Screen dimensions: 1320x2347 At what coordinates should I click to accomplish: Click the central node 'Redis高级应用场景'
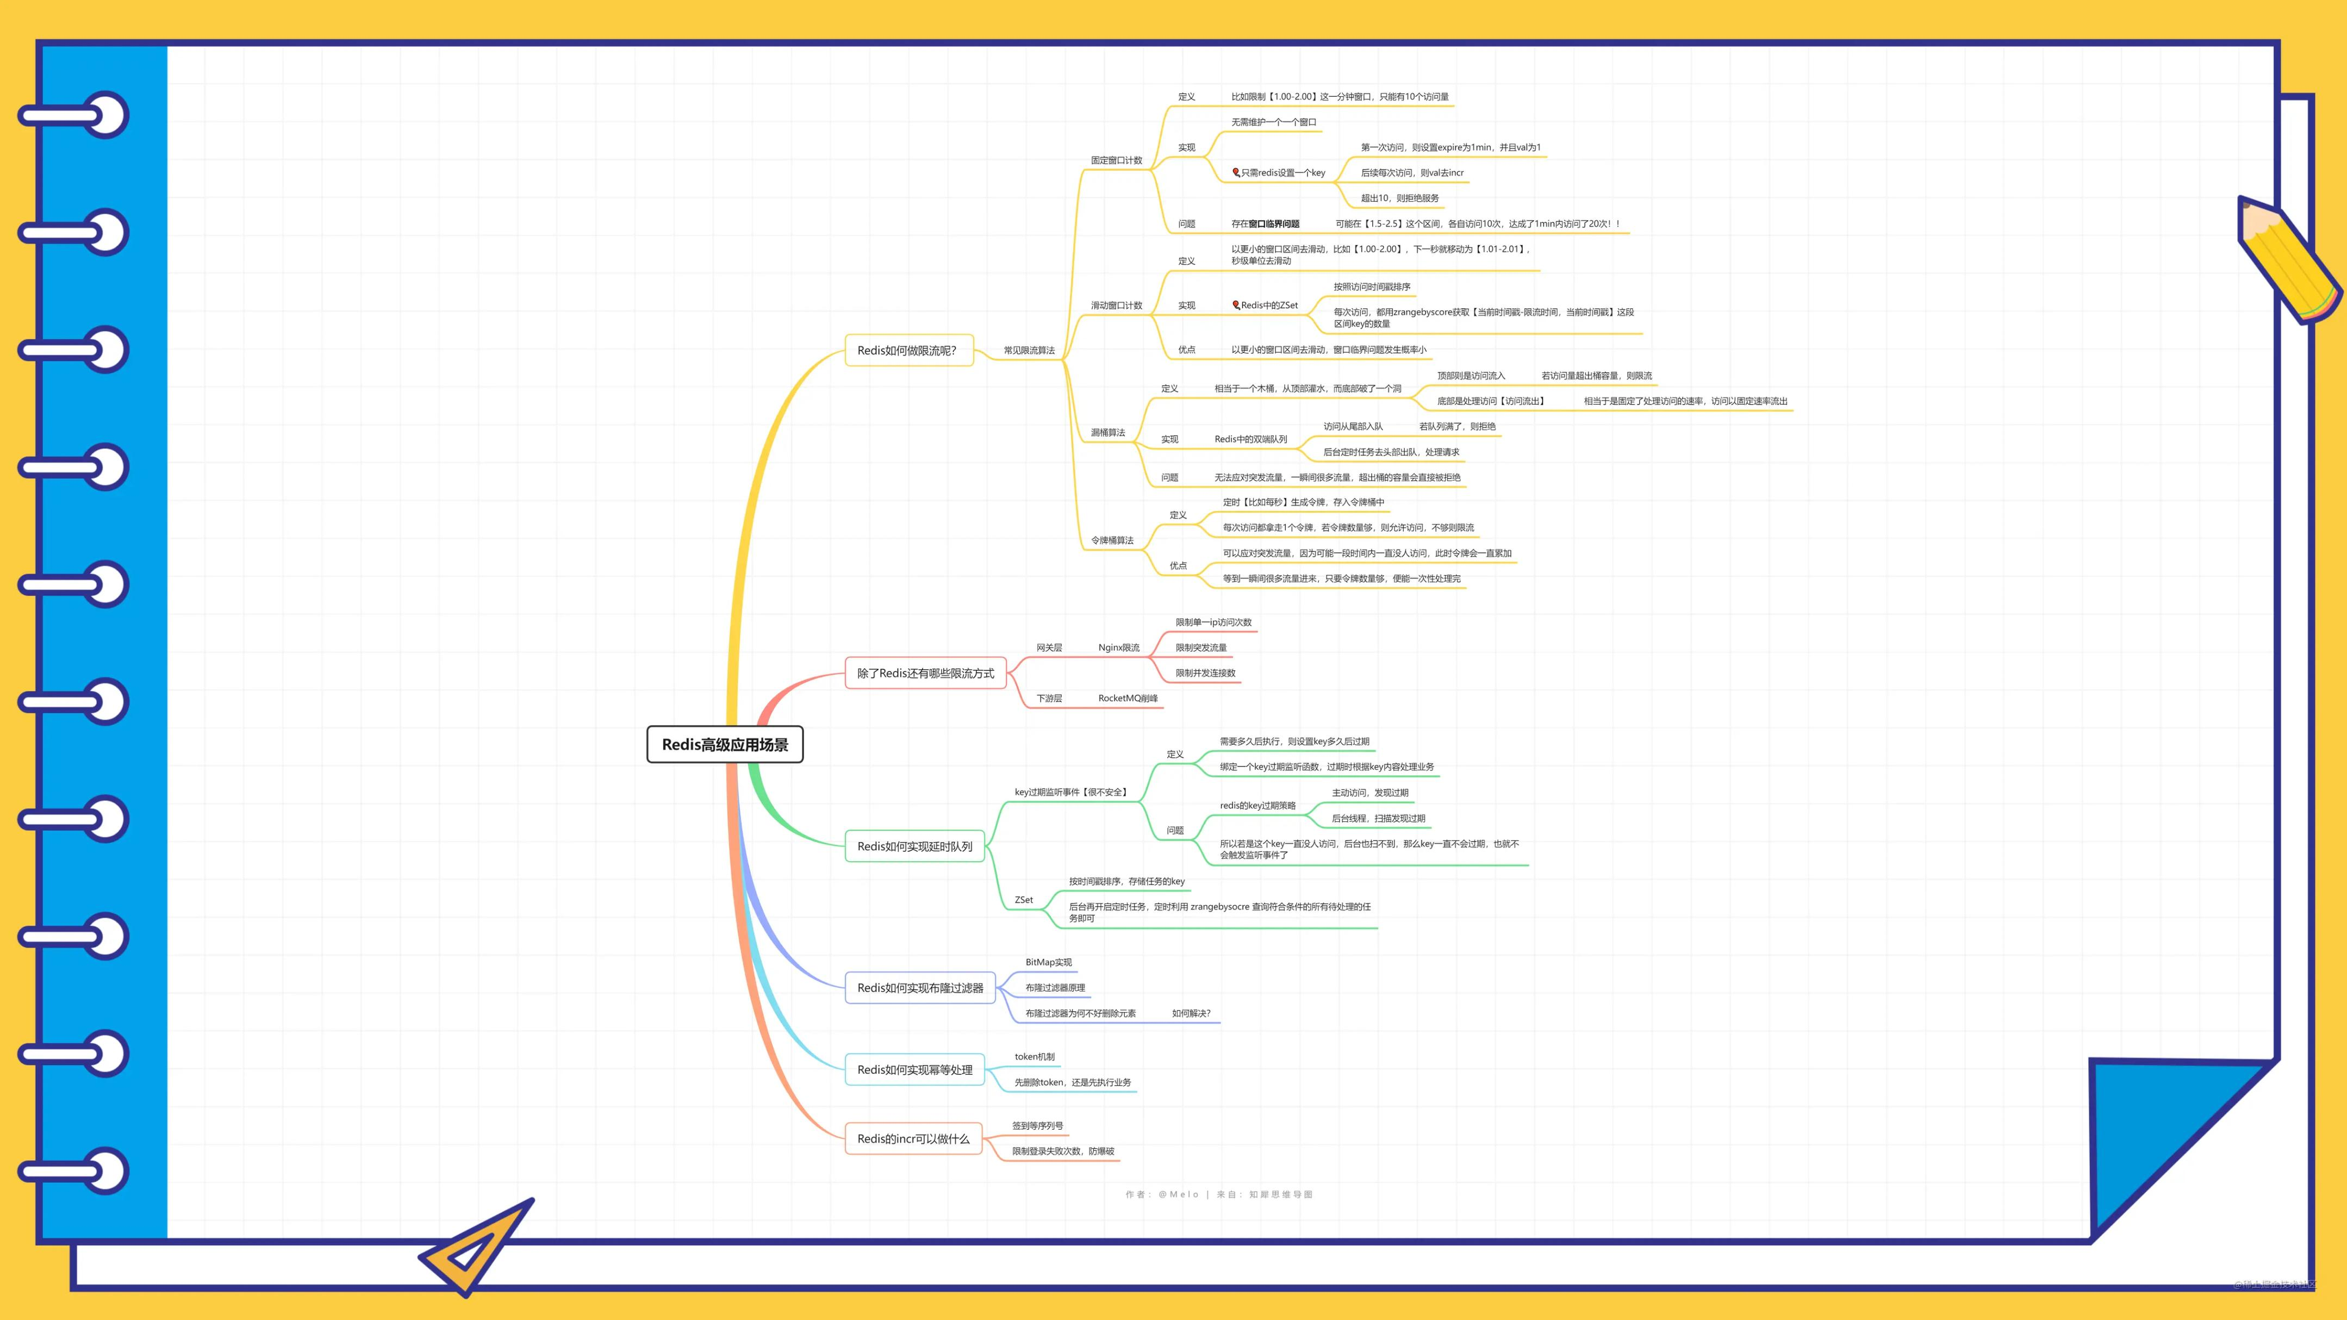click(x=724, y=744)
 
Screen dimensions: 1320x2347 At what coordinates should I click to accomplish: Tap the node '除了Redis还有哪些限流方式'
click(x=925, y=673)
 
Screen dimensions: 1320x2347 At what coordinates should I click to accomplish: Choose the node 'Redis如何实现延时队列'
click(x=915, y=846)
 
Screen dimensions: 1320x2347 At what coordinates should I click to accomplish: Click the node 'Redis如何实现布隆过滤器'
click(x=920, y=987)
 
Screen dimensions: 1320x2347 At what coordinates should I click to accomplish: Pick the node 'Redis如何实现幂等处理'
click(x=915, y=1069)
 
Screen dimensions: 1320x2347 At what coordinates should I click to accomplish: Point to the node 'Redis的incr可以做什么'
click(x=913, y=1139)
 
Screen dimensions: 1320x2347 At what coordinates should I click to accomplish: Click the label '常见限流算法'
click(x=1029, y=351)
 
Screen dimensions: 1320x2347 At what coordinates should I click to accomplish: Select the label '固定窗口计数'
click(x=1116, y=160)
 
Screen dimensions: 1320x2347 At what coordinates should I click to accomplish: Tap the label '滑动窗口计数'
click(x=1116, y=305)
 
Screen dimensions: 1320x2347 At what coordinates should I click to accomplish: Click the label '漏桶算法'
click(x=1108, y=433)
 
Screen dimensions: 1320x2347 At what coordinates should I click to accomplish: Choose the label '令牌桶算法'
click(x=1112, y=540)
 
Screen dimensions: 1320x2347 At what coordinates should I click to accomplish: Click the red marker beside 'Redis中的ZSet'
click(x=1235, y=305)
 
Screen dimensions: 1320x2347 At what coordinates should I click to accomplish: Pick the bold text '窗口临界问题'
click(x=1274, y=224)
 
